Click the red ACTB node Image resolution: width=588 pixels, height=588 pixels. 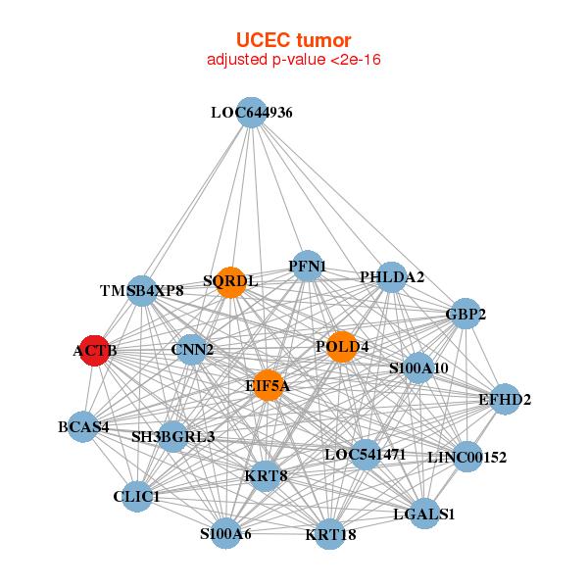94,350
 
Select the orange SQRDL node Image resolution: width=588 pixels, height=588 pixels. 230,282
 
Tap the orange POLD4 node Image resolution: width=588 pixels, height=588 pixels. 341,347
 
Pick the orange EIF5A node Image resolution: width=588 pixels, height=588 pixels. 267,386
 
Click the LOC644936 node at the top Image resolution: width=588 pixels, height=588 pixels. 252,112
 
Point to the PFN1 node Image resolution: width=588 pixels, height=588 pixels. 308,266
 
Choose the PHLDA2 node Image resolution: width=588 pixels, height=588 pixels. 392,277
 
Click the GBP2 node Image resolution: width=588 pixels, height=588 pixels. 465,314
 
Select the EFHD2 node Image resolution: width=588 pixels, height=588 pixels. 505,399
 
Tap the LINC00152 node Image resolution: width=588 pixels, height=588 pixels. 467,457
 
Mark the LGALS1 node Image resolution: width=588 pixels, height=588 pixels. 424,514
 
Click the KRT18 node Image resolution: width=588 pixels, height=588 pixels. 330,534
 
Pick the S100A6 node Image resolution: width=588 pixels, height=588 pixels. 225,534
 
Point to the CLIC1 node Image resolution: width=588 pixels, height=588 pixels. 136,497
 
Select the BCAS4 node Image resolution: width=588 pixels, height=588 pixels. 83,426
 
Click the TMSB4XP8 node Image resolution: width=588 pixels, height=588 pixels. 142,291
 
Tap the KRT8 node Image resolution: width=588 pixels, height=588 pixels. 265,476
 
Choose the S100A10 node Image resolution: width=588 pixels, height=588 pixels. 418,368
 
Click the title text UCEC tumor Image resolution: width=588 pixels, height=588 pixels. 293,40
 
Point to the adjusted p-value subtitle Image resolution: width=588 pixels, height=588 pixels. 293,61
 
